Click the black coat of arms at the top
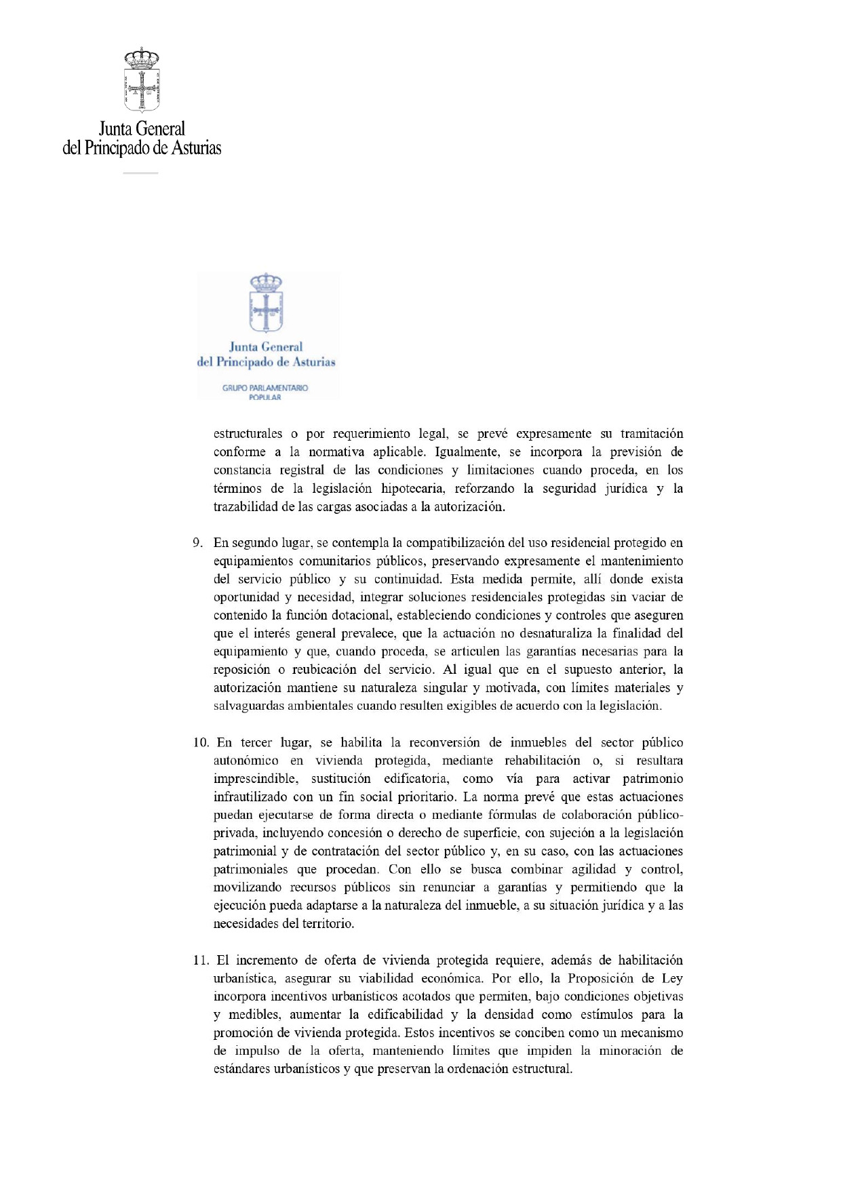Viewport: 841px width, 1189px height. click(x=142, y=80)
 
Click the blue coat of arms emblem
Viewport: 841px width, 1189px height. click(x=266, y=303)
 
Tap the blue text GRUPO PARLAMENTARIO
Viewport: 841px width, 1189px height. click(x=265, y=388)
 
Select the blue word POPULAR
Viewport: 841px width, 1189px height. click(x=265, y=397)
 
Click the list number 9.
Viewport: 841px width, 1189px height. click(x=197, y=543)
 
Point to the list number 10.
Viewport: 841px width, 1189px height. click(x=201, y=742)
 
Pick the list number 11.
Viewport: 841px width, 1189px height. click(x=201, y=960)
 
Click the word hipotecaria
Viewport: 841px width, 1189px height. click(x=413, y=488)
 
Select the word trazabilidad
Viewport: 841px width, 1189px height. click(x=246, y=506)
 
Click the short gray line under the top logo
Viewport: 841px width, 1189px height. click(x=140, y=174)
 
